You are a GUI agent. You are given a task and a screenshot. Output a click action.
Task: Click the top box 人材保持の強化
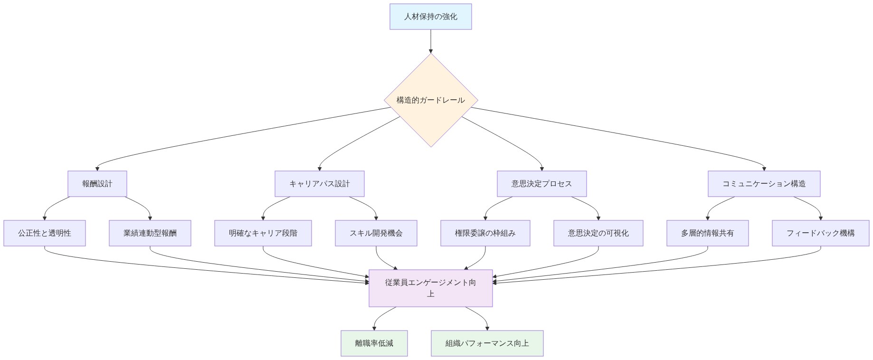(x=430, y=17)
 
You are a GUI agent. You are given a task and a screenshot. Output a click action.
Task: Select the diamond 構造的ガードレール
(x=430, y=100)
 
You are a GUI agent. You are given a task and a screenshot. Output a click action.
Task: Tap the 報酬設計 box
(x=97, y=184)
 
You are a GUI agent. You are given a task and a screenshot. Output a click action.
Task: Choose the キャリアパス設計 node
(x=319, y=184)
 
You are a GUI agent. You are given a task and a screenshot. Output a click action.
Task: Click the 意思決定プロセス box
(x=541, y=184)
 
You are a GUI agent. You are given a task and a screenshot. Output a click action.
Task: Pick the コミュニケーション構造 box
(x=764, y=184)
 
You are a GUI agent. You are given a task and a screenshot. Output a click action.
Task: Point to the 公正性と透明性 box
(x=45, y=233)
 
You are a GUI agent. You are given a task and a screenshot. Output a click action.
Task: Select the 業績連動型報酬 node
(x=150, y=233)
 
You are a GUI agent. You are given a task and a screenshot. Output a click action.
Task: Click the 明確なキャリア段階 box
(x=263, y=233)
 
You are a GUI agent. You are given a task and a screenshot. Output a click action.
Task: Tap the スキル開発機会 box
(x=376, y=233)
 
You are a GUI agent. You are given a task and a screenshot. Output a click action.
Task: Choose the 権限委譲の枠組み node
(x=485, y=233)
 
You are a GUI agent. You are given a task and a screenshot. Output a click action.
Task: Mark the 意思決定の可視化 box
(x=598, y=233)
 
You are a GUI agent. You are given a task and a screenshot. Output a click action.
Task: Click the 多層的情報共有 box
(x=707, y=233)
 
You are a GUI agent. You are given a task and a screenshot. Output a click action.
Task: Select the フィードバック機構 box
(x=820, y=233)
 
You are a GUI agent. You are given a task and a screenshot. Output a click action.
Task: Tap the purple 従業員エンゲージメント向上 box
(x=430, y=288)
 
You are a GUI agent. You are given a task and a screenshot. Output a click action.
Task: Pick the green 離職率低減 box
(x=374, y=343)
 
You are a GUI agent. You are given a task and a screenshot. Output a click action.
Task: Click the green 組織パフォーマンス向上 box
(x=487, y=343)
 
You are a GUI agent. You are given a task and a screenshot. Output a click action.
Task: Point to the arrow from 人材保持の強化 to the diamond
(x=430, y=41)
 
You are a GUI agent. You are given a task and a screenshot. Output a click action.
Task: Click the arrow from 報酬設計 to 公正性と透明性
(x=51, y=205)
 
